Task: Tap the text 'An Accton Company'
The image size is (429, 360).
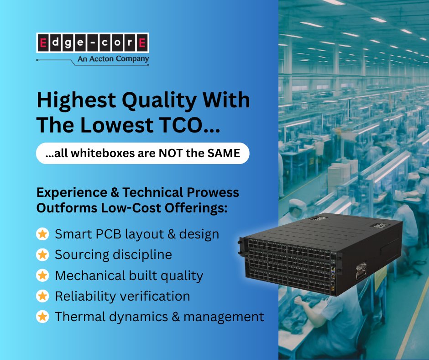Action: pos(113,59)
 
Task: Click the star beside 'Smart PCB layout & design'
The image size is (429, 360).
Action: pos(42,234)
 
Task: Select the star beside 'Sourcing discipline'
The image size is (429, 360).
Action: pos(42,255)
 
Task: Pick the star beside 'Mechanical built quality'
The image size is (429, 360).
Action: pos(42,275)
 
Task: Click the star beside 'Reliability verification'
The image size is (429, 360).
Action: pos(42,296)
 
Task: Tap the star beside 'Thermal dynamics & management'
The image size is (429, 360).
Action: pos(42,317)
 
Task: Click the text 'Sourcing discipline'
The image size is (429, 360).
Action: pos(113,255)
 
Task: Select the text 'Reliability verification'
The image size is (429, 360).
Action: pos(122,296)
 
